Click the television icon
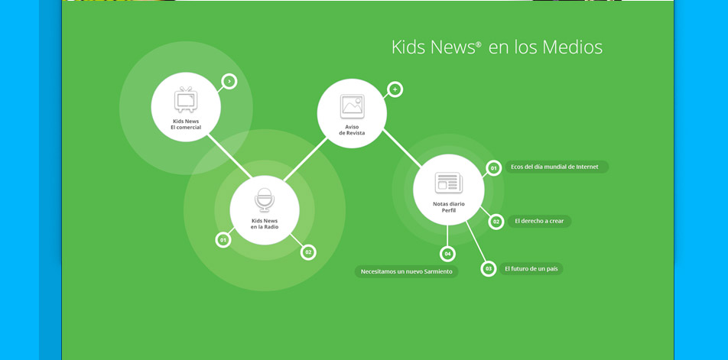[x=186, y=99]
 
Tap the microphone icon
[x=264, y=200]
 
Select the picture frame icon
[x=352, y=106]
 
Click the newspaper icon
[x=448, y=183]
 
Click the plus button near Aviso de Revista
[x=395, y=89]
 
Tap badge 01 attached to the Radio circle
[x=223, y=240]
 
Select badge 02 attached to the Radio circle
[x=308, y=252]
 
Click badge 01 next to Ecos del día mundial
[x=493, y=167]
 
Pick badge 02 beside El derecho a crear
[x=496, y=222]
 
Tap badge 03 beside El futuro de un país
[x=489, y=268]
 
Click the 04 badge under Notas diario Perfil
[x=447, y=254]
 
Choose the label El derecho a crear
[x=540, y=222]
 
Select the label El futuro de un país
[x=531, y=268]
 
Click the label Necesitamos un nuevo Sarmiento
[x=406, y=271]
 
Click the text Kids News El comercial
[x=186, y=125]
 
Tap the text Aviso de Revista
[x=352, y=130]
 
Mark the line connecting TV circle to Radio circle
[x=230, y=156]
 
